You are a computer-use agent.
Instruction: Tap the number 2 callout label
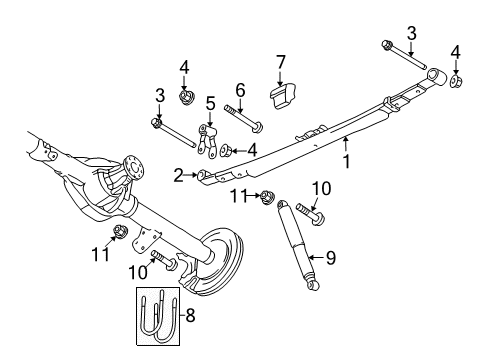[179, 176]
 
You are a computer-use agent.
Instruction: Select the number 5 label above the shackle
[210, 102]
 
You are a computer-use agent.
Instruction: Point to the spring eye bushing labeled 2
[206, 177]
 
